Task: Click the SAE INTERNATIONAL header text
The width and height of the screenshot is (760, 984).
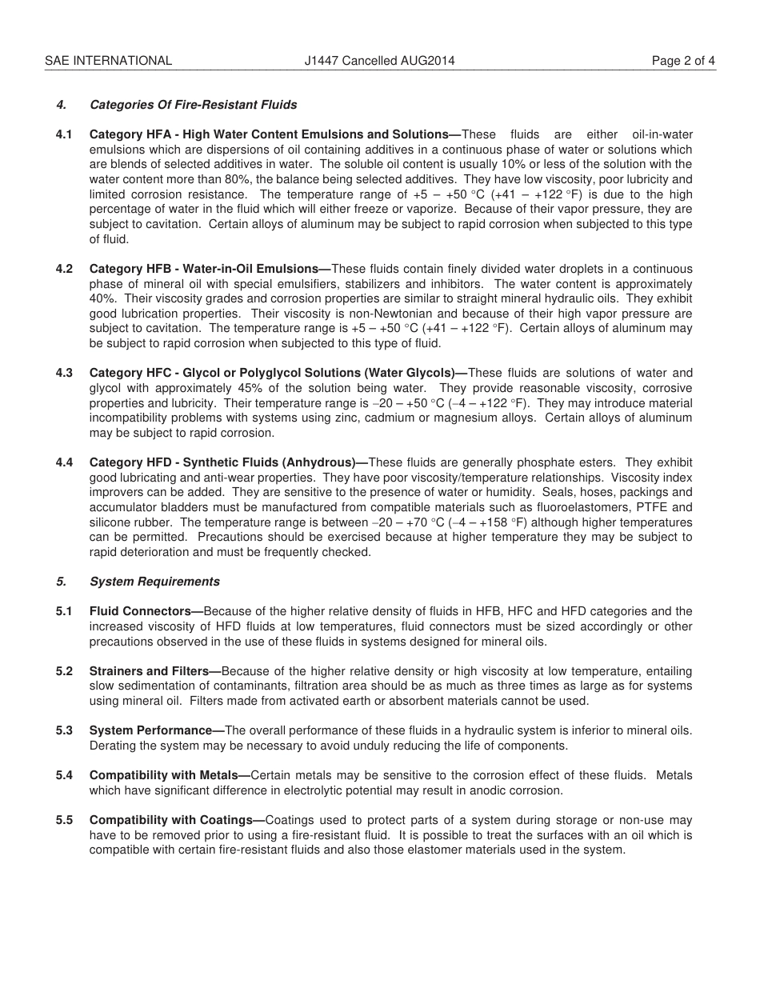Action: [108, 60]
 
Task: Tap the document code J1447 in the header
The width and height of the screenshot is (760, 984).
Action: [321, 60]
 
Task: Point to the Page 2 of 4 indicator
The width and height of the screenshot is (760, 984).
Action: [683, 60]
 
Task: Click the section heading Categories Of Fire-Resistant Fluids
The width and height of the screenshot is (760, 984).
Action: [193, 105]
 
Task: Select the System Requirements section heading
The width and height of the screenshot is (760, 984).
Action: [154, 582]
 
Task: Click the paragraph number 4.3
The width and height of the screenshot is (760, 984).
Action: [64, 373]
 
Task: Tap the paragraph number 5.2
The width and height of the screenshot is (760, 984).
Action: [64, 671]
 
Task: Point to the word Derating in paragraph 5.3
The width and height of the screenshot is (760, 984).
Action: [114, 746]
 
